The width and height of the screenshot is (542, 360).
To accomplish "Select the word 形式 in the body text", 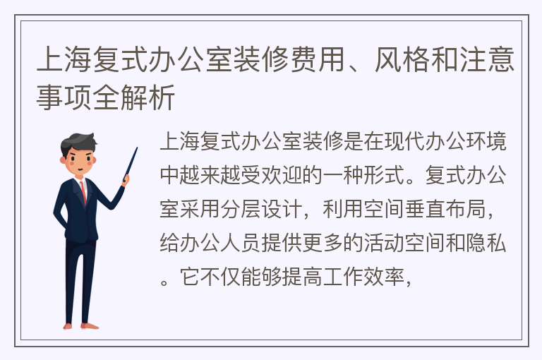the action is pyautogui.click(x=384, y=175).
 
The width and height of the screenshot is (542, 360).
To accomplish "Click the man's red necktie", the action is pyautogui.click(x=83, y=192).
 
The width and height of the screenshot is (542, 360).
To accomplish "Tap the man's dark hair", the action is pyautogui.click(x=78, y=143).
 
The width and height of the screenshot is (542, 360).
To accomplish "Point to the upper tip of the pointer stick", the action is pyautogui.click(x=137, y=148).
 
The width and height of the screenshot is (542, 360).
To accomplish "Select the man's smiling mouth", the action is pyautogui.click(x=80, y=169).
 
